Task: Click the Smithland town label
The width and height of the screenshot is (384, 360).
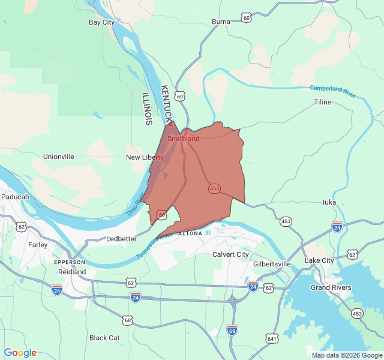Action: click(x=184, y=139)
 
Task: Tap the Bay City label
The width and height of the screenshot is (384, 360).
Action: click(x=101, y=23)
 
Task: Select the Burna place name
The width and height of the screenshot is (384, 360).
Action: click(x=221, y=22)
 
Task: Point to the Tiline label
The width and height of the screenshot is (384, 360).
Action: click(x=322, y=102)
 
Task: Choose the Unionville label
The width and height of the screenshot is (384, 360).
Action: click(x=59, y=157)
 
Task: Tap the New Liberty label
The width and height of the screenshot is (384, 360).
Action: click(x=145, y=157)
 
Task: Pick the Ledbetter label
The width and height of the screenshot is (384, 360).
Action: click(x=122, y=239)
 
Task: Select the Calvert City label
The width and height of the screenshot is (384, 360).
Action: click(x=230, y=254)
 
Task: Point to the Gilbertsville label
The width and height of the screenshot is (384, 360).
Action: click(x=272, y=264)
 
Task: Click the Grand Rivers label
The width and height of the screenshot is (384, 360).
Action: click(x=331, y=288)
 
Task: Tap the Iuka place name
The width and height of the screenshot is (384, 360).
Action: click(x=329, y=202)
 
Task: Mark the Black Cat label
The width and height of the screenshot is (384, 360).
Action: click(x=104, y=338)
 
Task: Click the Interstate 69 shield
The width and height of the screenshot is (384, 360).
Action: click(x=232, y=329)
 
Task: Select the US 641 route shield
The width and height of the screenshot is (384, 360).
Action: click(x=272, y=338)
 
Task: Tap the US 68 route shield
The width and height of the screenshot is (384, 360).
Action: click(x=127, y=320)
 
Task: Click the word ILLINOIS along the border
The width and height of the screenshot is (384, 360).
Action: click(x=147, y=109)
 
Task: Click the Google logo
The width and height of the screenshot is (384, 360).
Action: click(x=20, y=353)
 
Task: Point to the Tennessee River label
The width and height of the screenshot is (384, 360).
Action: click(x=154, y=245)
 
